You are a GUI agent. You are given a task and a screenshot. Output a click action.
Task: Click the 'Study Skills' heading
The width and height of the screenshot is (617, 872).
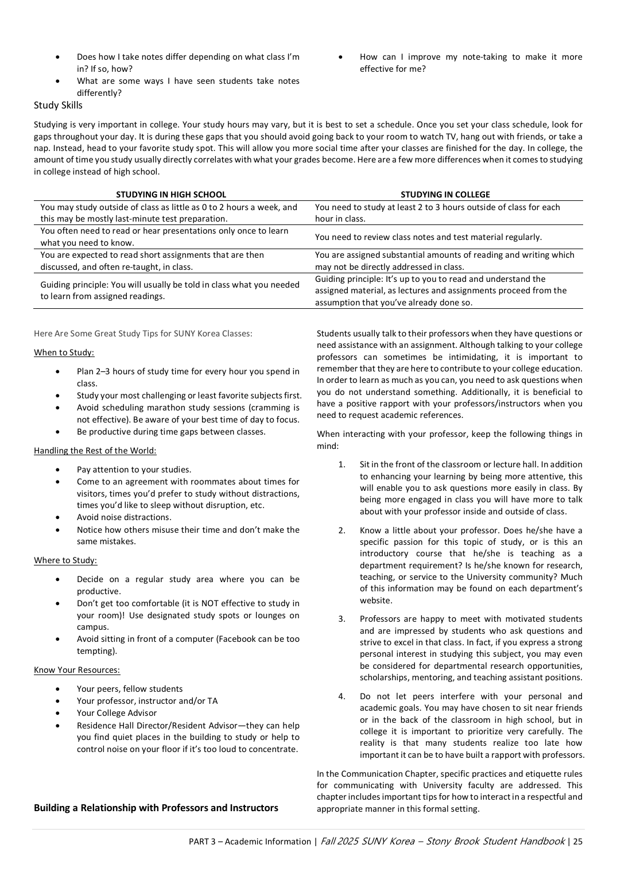58,106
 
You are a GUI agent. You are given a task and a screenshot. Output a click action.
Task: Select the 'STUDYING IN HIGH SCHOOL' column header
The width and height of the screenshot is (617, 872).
171,195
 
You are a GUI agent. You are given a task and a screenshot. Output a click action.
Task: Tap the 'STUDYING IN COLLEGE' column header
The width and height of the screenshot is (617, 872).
445,195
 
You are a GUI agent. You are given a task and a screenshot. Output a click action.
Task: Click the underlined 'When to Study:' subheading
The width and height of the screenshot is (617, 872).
64,352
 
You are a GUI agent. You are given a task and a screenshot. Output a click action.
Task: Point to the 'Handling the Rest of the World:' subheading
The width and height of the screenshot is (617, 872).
95,451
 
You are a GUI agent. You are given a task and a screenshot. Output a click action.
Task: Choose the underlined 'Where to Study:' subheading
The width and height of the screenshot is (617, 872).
65,560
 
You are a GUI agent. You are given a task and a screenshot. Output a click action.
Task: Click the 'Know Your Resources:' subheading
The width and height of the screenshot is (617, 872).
77,670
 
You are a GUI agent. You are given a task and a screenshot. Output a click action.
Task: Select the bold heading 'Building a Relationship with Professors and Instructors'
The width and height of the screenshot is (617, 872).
156,808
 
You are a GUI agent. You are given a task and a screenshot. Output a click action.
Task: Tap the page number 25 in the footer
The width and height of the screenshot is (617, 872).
577,842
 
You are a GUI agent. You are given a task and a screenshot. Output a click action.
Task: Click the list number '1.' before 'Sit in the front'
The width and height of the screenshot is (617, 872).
342,464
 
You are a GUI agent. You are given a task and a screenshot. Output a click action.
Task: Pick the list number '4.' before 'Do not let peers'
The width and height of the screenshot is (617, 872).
342,696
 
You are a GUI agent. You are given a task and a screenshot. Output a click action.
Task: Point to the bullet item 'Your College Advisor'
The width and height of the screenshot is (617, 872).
117,713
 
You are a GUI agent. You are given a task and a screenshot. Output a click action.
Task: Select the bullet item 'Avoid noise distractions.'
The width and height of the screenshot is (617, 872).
124,517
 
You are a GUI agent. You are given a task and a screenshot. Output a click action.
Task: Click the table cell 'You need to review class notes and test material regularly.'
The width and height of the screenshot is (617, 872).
428,237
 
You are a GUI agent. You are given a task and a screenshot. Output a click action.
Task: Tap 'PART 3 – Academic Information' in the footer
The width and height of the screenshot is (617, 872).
250,842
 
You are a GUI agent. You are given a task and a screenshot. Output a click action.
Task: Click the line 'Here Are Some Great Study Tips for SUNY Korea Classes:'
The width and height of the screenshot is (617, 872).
143,334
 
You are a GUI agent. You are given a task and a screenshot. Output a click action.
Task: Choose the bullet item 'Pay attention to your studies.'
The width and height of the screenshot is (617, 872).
134,470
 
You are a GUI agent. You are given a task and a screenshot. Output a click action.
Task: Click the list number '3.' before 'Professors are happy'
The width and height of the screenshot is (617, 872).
342,619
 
